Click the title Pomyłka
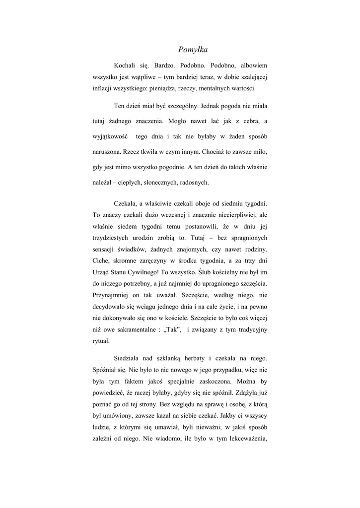pyautogui.click(x=193, y=50)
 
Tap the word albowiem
pyautogui.click(x=254, y=64)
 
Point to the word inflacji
pyautogui.click(x=103, y=88)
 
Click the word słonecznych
pyautogui.click(x=160, y=182)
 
